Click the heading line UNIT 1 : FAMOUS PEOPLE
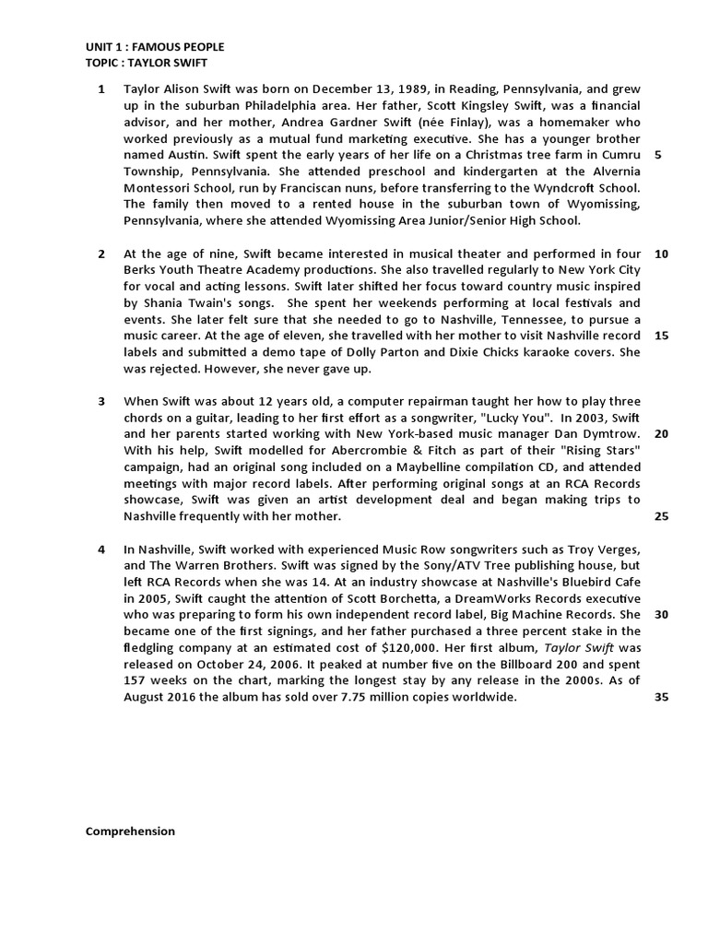tap(155, 47)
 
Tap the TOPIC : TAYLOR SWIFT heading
tap(147, 63)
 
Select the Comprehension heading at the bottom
tap(130, 831)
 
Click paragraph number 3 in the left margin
tap(101, 401)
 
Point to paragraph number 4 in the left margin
tap(101, 549)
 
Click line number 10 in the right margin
tap(660, 254)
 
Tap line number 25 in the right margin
tap(660, 516)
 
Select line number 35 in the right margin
tap(660, 697)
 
